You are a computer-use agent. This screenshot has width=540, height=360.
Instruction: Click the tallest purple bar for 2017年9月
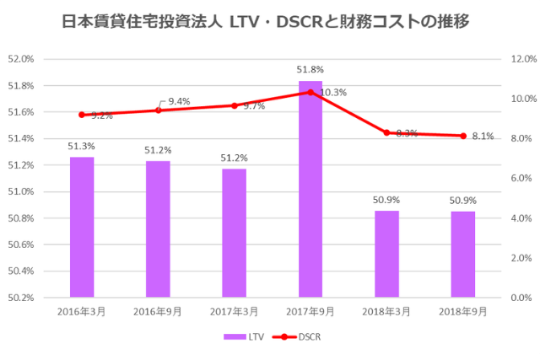click(x=310, y=189)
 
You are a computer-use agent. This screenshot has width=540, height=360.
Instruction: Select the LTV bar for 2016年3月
click(x=82, y=227)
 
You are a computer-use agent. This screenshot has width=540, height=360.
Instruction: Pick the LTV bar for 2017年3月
click(x=235, y=233)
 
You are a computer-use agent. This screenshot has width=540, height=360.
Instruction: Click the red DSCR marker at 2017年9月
click(x=310, y=92)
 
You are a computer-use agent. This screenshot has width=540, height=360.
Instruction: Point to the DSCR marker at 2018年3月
click(x=386, y=132)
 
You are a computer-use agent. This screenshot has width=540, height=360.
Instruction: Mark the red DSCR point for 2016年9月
click(x=158, y=110)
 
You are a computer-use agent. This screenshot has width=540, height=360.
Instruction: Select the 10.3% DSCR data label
click(x=334, y=92)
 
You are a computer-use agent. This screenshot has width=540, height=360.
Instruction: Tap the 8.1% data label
click(x=483, y=136)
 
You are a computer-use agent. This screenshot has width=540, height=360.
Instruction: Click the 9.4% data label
click(x=179, y=101)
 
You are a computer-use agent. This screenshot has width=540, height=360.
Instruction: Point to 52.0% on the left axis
click(x=19, y=59)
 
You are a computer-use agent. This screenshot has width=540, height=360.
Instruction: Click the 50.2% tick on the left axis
click(x=19, y=298)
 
